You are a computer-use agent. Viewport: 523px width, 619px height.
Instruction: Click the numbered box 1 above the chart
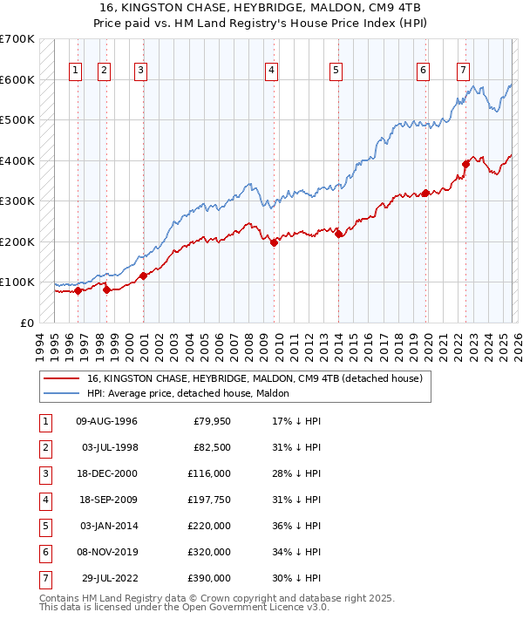tap(76, 71)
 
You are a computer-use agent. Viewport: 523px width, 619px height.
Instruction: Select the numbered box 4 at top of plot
tap(272, 71)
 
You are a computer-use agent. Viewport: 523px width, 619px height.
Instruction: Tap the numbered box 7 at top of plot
tap(463, 71)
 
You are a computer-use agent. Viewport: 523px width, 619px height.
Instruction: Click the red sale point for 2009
tap(274, 242)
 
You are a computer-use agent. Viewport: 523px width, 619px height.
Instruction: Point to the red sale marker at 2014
tap(338, 234)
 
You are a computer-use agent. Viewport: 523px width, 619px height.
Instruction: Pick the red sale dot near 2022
tap(465, 163)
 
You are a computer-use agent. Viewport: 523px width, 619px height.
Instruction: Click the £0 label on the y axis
tap(26, 323)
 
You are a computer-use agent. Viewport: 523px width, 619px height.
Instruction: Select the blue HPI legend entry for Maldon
tap(192, 393)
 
